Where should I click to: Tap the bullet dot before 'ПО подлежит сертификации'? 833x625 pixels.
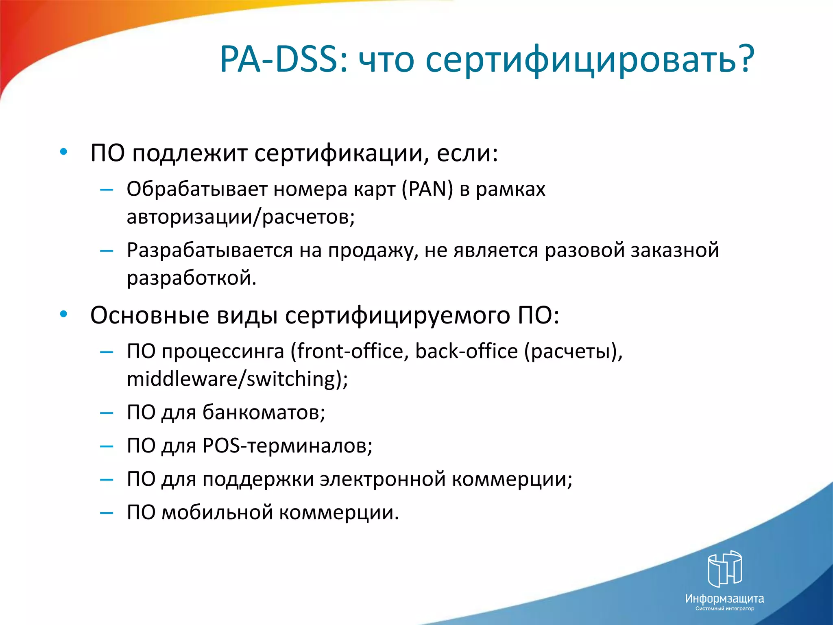[63, 152]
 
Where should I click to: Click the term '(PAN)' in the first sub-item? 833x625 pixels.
[427, 189]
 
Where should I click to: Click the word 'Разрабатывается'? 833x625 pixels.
[209, 250]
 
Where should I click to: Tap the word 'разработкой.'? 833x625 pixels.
[192, 278]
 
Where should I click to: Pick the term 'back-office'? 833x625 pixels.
[466, 351]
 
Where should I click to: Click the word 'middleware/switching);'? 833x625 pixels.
[237, 379]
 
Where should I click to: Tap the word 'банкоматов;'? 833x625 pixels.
[264, 413]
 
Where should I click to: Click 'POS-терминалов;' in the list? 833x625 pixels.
[287, 446]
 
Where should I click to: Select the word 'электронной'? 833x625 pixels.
[383, 479]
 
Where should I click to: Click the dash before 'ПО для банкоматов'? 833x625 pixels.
[107, 413]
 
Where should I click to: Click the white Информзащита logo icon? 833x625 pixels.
[724, 569]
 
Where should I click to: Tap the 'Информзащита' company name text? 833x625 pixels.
[724, 599]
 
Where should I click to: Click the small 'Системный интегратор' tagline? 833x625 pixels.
[724, 609]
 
